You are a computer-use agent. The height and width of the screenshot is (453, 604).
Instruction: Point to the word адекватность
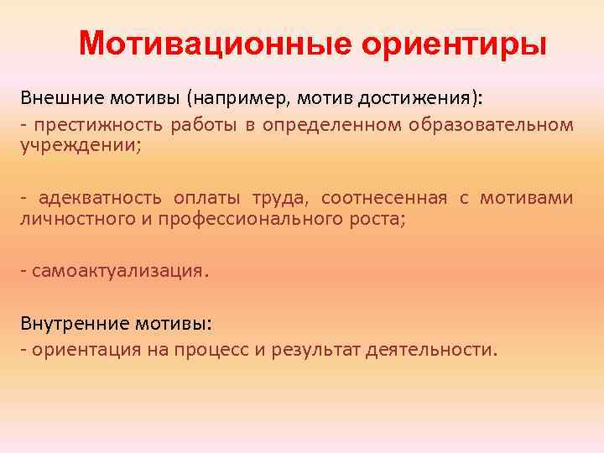click(98, 199)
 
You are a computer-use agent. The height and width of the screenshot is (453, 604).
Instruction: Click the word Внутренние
click(67, 323)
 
